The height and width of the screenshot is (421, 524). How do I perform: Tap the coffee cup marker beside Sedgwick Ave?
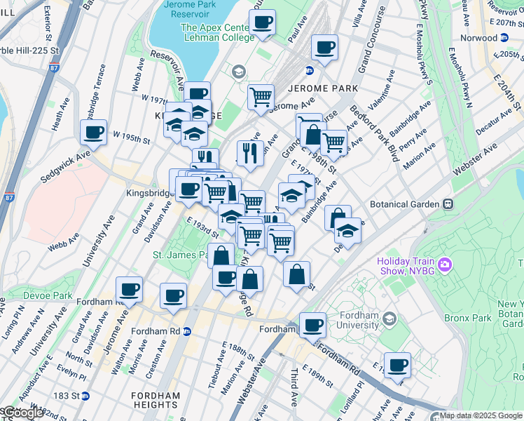coord(93,132)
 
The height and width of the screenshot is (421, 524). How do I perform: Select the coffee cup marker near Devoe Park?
coord(129,288)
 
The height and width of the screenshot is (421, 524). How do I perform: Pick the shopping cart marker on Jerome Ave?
coord(261,96)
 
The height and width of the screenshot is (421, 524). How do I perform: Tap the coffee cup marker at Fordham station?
coord(312,325)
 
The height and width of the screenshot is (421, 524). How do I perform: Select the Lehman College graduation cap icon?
coord(238,71)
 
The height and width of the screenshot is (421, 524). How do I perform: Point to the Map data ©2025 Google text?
coord(481,415)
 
